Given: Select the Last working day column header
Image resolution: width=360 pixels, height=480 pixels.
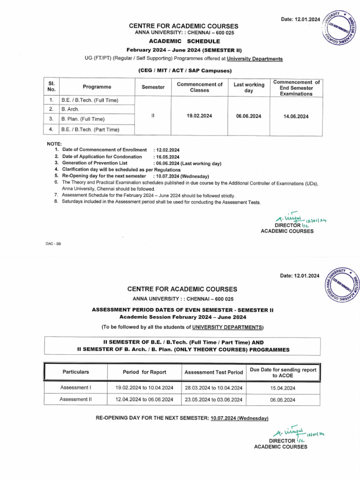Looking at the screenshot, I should pyautogui.click(x=249, y=87).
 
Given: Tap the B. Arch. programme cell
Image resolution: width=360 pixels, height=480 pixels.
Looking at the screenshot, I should pyautogui.click(x=71, y=109).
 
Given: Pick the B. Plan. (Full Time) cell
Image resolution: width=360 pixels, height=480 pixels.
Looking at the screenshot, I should pyautogui.click(x=82, y=119).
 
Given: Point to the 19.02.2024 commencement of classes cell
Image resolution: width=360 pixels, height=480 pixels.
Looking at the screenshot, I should pyautogui.click(x=199, y=116).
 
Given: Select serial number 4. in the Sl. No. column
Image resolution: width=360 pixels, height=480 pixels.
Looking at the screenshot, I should pyautogui.click(x=51, y=129).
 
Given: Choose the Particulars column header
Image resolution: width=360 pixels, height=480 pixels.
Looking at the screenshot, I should pyautogui.click(x=75, y=372).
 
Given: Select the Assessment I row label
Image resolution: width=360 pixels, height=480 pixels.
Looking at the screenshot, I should pyautogui.click(x=75, y=388).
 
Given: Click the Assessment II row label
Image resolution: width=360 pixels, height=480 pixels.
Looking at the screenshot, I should pyautogui.click(x=75, y=399).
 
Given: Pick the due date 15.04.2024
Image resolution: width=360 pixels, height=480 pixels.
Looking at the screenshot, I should pyautogui.click(x=283, y=388).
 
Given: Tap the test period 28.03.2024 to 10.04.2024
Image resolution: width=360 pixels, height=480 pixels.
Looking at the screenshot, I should pyautogui.click(x=213, y=388).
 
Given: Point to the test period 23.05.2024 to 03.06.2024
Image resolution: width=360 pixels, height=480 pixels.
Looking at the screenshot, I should pyautogui.click(x=213, y=400).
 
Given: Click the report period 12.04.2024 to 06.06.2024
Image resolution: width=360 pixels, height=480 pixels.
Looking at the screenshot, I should pyautogui.click(x=144, y=400).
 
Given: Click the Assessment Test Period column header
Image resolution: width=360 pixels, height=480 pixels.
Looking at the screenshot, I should pyautogui.click(x=213, y=372).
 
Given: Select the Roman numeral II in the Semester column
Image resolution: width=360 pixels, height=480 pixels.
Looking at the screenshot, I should pyautogui.click(x=153, y=116).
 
